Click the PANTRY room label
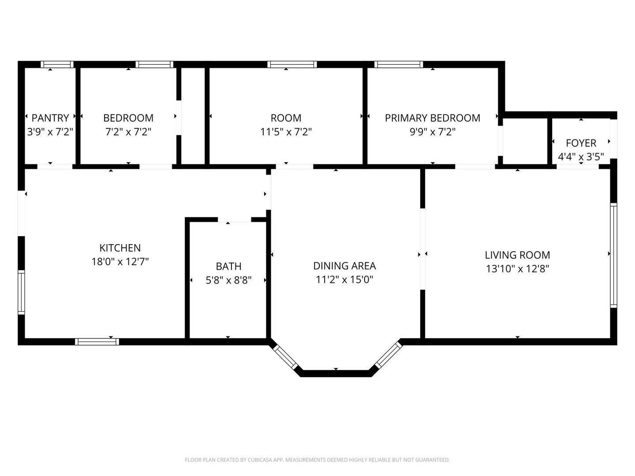point(50,118)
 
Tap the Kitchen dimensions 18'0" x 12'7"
point(120,261)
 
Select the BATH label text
point(228,266)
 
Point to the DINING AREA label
point(344,266)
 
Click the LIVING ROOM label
point(518,255)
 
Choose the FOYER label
point(581,143)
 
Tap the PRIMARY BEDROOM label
point(433,118)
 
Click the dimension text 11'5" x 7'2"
point(286,132)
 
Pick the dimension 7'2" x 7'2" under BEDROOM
point(128,132)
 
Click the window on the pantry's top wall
point(57,64)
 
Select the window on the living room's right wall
point(613,255)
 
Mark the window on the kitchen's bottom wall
point(97,342)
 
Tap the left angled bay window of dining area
point(286,357)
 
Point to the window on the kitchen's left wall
point(22,292)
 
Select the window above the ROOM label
point(292,64)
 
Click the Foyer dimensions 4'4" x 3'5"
point(581,157)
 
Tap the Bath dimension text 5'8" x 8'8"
point(228,280)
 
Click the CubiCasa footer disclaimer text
point(317,460)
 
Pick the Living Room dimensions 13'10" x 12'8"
point(518,269)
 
